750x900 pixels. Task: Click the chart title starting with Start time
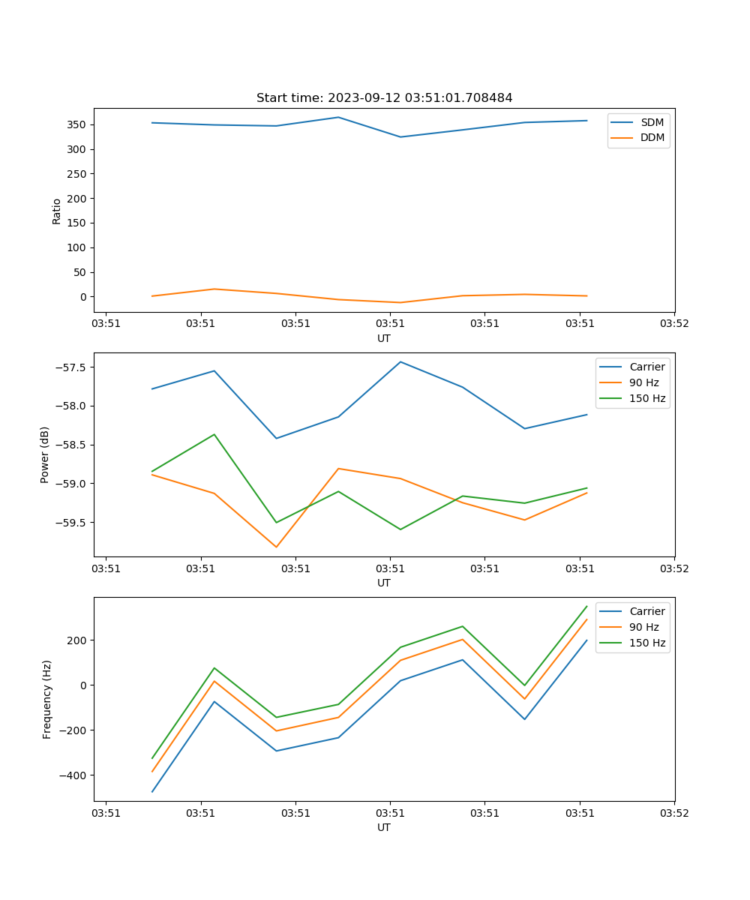(384, 98)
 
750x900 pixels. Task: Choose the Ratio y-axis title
(57, 211)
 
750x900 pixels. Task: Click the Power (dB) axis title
(45, 454)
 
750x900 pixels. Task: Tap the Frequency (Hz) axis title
(47, 699)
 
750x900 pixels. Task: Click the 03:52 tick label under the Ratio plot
(674, 324)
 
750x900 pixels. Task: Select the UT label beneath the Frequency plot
(384, 827)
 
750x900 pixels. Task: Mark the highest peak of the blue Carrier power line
(400, 361)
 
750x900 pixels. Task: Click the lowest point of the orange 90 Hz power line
(276, 547)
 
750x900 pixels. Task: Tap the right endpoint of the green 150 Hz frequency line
(586, 606)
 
